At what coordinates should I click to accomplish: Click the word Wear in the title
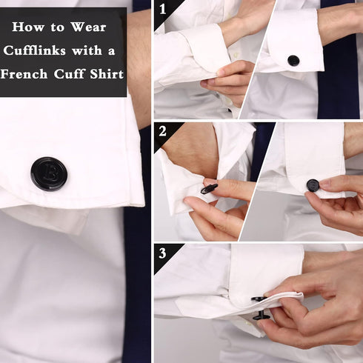click(88, 27)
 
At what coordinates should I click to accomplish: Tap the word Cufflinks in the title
click(35, 50)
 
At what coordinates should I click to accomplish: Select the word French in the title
click(24, 74)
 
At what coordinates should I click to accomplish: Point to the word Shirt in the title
click(107, 74)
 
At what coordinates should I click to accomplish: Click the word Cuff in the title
click(69, 74)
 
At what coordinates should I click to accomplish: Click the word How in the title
click(28, 27)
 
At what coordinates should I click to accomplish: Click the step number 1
click(162, 9)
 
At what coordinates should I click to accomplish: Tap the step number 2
click(162, 131)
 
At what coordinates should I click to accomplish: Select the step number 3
click(162, 253)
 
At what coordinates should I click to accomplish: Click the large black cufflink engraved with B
click(49, 173)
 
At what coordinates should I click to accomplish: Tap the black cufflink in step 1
click(293, 61)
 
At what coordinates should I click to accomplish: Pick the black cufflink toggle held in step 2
click(209, 189)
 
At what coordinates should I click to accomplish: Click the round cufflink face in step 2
click(313, 185)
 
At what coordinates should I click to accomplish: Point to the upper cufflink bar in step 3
click(259, 299)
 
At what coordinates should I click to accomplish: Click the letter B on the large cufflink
click(50, 173)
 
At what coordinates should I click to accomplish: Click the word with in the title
click(87, 50)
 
